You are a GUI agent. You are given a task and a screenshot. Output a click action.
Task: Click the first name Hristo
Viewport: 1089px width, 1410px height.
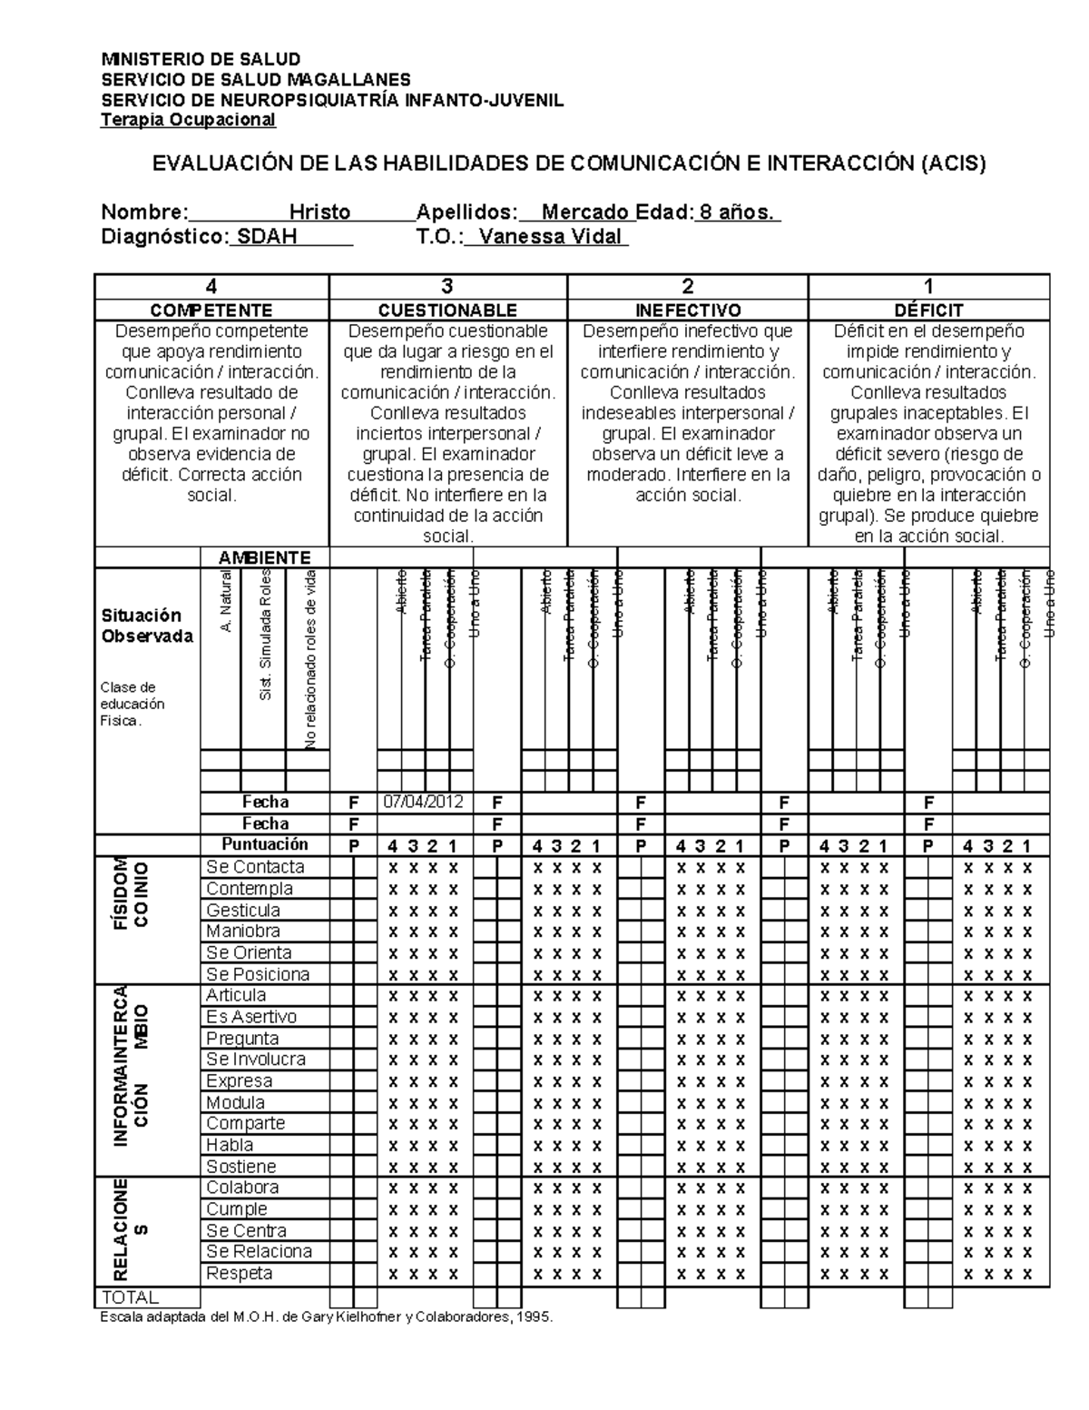[319, 212]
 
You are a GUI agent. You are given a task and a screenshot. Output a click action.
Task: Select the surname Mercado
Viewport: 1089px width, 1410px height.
[585, 212]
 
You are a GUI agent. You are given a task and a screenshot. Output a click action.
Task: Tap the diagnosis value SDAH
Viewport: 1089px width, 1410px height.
[267, 237]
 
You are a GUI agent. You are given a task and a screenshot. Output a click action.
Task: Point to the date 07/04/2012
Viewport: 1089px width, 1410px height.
[423, 802]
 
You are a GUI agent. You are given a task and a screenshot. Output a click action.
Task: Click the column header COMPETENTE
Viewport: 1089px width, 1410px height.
[211, 311]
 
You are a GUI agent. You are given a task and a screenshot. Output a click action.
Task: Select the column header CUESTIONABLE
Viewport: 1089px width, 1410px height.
[447, 311]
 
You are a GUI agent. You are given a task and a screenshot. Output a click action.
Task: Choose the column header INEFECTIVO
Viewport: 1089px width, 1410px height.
[687, 311]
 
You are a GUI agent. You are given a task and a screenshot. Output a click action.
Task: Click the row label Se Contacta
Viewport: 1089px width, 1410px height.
[255, 867]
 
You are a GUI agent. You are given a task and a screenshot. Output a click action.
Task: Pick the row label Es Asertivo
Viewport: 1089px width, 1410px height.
[251, 1017]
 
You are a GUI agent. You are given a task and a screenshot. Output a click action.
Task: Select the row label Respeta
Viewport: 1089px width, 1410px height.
[239, 1274]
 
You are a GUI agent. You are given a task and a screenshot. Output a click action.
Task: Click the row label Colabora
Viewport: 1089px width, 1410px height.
[242, 1188]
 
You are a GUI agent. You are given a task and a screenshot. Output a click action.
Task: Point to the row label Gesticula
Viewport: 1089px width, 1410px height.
[242, 910]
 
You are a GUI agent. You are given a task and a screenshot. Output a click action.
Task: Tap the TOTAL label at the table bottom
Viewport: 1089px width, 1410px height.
[132, 1297]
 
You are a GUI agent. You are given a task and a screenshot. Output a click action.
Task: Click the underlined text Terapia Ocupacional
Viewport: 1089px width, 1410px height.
[189, 120]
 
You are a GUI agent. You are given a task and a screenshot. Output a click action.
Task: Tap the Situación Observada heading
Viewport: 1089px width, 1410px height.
[147, 626]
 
